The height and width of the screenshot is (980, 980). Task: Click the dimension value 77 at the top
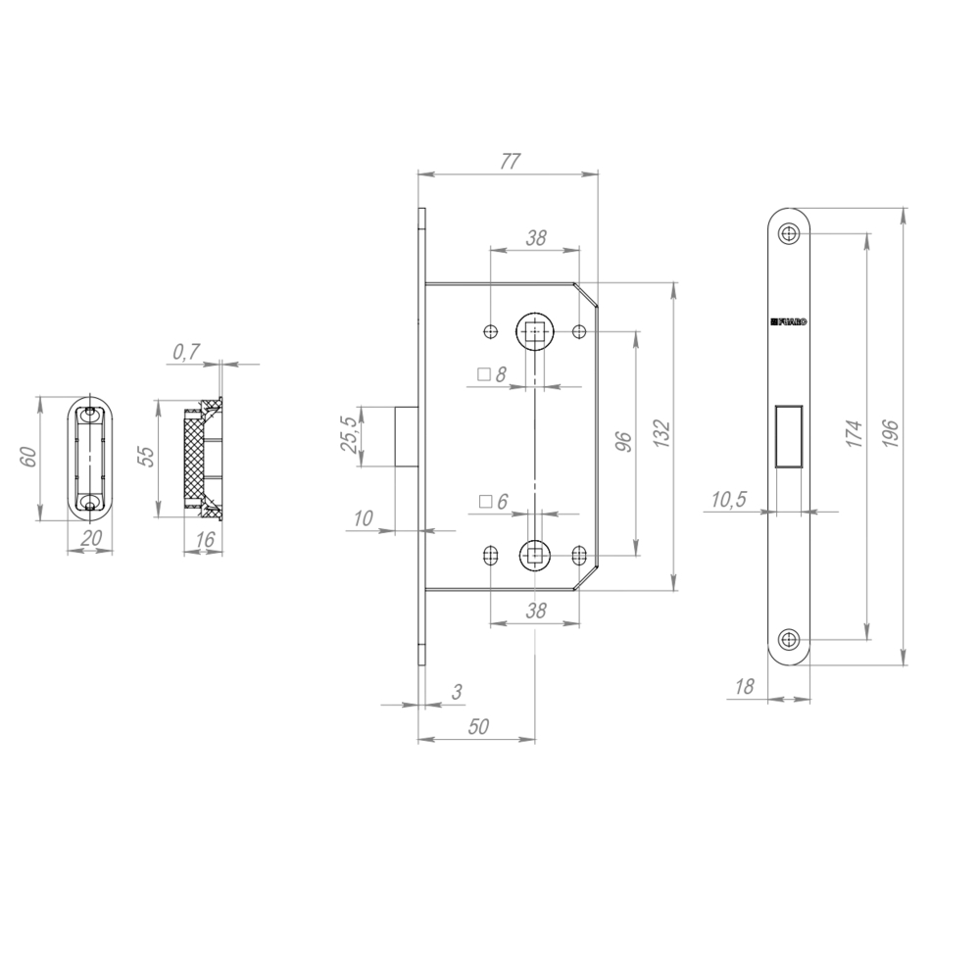[x=508, y=162]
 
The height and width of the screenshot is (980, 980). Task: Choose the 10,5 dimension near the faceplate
[x=727, y=501]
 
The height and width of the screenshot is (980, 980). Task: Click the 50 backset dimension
[x=479, y=726]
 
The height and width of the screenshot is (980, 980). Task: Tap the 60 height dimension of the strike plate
[x=28, y=457]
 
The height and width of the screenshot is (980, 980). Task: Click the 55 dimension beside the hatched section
[x=146, y=457]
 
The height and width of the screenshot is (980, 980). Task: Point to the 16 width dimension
[x=205, y=539]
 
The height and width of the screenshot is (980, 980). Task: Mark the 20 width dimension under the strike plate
[x=90, y=538]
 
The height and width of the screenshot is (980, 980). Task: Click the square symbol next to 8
[x=483, y=374]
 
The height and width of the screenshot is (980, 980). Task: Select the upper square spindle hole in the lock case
[x=534, y=332]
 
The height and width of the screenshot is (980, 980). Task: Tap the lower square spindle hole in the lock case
[x=534, y=556]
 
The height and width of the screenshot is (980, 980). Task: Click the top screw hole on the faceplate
[x=789, y=233]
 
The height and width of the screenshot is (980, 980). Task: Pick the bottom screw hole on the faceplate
[x=789, y=640]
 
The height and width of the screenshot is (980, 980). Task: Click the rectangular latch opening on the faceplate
[x=789, y=436]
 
